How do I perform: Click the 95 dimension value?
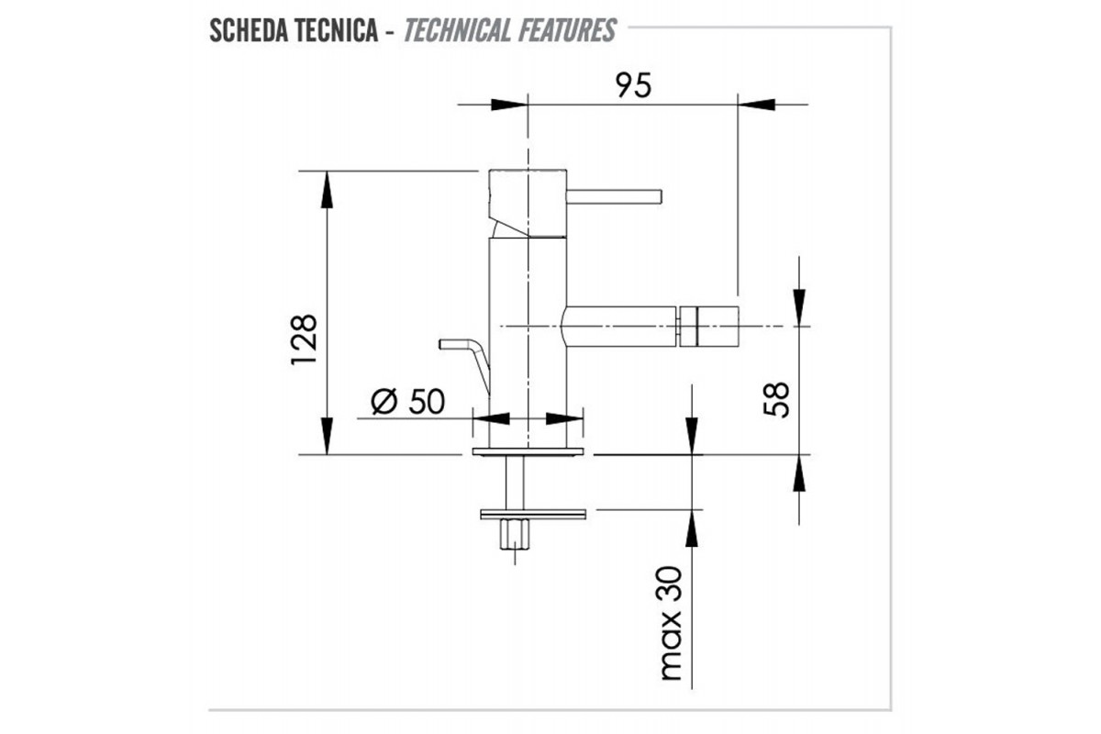tap(633, 85)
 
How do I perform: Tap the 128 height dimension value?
tap(305, 339)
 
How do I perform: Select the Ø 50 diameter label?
tap(408, 401)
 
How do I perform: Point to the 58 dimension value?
tap(776, 400)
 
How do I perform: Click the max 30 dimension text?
tap(670, 623)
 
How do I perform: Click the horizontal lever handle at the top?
tap(614, 196)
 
